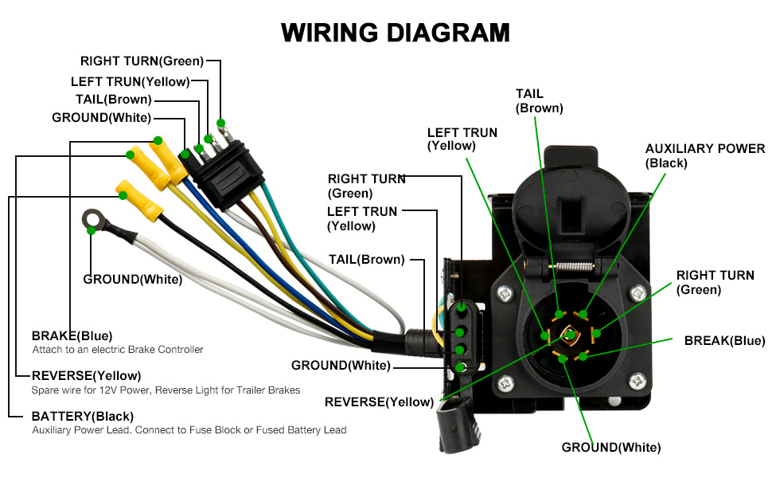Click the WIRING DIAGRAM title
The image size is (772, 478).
pos(396,33)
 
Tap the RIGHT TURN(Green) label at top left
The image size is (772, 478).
pos(142,61)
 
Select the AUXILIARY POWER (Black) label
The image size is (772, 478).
pos(705,155)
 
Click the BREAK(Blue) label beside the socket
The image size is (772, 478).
pos(725,340)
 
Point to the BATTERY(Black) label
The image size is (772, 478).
pos(82,417)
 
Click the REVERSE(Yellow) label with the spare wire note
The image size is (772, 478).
pos(86,376)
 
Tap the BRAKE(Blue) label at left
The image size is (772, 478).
pos(72,336)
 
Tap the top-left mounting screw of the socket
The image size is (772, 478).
pos(505,295)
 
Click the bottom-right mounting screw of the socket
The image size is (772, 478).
pos(637,381)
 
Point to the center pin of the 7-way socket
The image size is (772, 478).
pos(570,335)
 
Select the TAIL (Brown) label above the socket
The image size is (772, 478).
pos(539,101)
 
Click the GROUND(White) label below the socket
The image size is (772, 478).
pos(611,448)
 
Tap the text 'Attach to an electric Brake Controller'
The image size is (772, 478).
pos(118,350)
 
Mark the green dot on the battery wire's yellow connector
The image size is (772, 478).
pos(123,196)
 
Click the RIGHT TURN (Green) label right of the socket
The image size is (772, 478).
pos(715,282)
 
